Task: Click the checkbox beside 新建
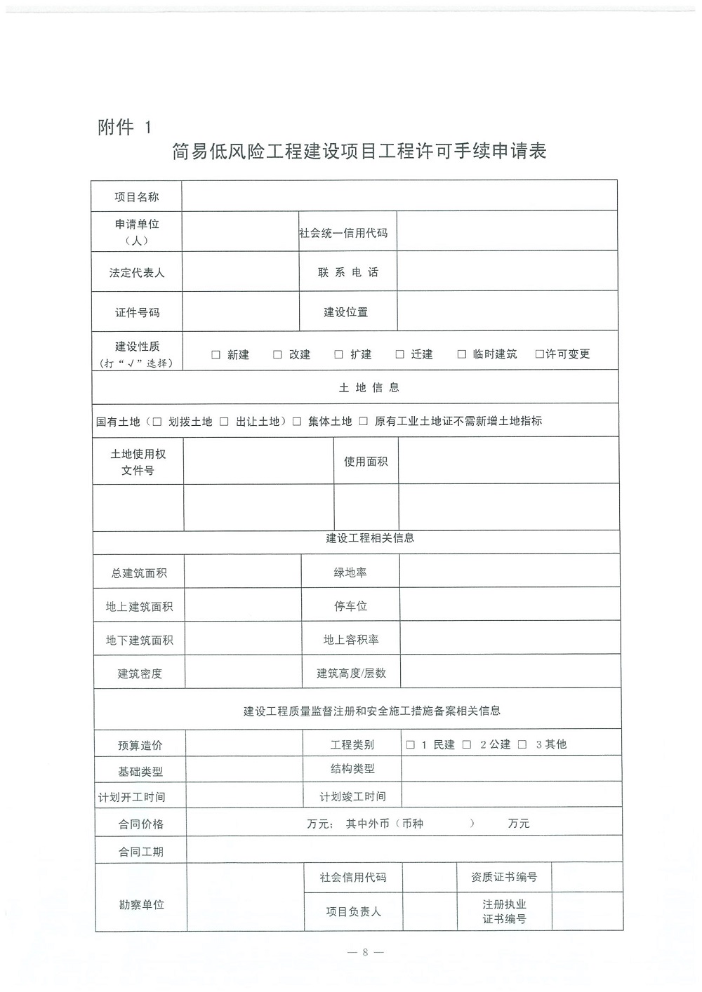[x=216, y=355]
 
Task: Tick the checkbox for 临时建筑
[x=462, y=354]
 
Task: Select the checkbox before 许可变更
[x=539, y=354]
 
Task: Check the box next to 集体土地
[x=297, y=422]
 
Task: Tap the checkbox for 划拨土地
[x=157, y=422]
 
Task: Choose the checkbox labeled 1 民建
[x=411, y=745]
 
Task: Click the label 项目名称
[x=137, y=197]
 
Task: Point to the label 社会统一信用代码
[x=343, y=233]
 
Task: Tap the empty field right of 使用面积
[x=508, y=461]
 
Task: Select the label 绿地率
[x=350, y=572]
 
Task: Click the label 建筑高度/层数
[x=351, y=673]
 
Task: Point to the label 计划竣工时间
[x=352, y=797]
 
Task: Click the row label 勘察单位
[x=141, y=905]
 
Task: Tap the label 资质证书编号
[x=504, y=877]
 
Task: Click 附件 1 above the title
[x=124, y=127]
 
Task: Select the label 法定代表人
[x=137, y=273]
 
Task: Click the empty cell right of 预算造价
[x=244, y=744]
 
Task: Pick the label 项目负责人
[x=353, y=912]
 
